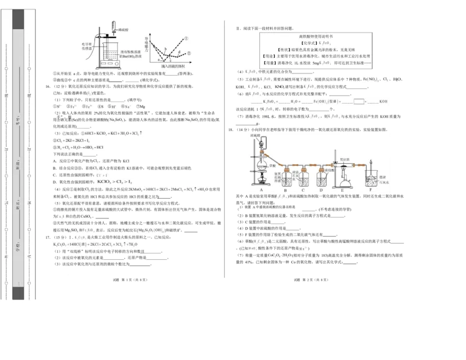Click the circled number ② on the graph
(x=189, y=53)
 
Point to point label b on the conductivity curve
(x=165, y=48)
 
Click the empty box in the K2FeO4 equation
(x=358, y=101)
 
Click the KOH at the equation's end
(x=383, y=101)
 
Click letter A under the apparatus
(x=260, y=189)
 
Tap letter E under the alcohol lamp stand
(x=342, y=189)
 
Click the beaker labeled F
(x=369, y=177)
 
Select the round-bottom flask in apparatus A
(x=261, y=165)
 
